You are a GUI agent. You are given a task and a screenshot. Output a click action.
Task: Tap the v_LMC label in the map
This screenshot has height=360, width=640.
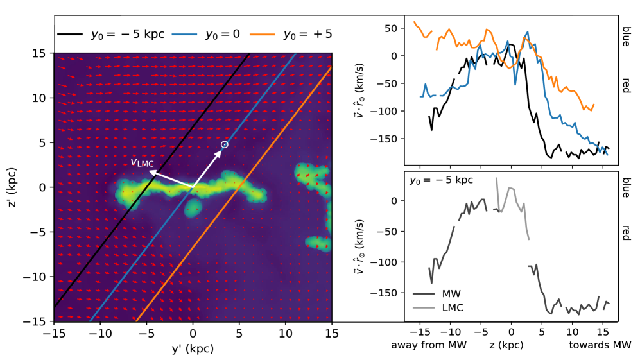click(x=142, y=162)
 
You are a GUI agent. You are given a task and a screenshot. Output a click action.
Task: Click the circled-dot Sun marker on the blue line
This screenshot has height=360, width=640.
click(x=224, y=145)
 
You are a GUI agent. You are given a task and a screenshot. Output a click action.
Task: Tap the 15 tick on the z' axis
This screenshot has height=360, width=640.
click(x=43, y=53)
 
